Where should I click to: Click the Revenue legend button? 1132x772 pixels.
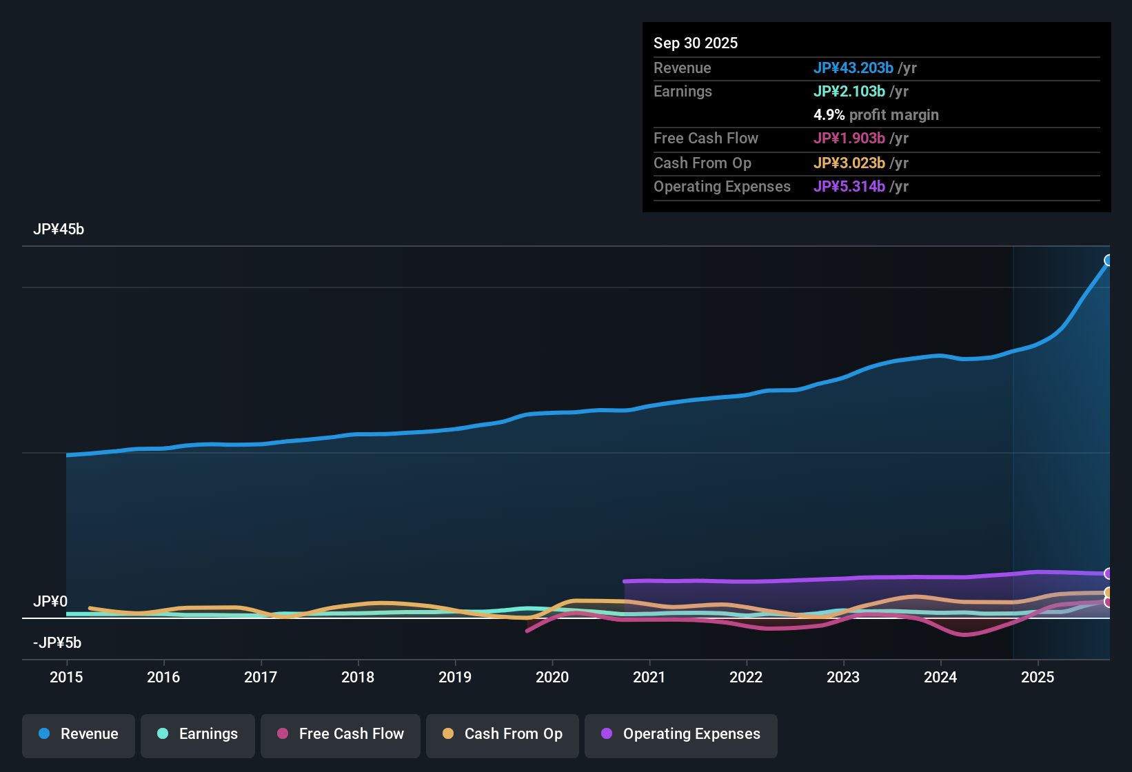coord(79,734)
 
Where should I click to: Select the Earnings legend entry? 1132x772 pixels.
coord(198,734)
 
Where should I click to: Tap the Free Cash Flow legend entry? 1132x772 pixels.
coord(341,734)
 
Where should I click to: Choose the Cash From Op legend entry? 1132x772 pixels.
coord(503,734)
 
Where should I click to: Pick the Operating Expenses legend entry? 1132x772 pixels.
coord(681,734)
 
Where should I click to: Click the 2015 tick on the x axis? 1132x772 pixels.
coord(66,678)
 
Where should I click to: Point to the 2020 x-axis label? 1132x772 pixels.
coord(552,678)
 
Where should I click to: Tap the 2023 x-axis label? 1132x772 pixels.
coord(843,678)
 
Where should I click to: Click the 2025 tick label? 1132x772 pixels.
coord(1038,678)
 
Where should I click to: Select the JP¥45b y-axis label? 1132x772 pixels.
coord(59,230)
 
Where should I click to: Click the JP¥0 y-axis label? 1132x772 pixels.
coord(50,602)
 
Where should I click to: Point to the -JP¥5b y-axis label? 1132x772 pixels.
coord(57,643)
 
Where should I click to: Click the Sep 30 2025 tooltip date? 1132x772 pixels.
coord(696,43)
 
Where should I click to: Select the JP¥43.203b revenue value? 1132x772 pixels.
coord(853,68)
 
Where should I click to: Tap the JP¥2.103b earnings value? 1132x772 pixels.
coord(849,92)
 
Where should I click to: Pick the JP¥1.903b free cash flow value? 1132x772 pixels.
coord(849,139)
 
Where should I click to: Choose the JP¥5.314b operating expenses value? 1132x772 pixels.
coord(849,187)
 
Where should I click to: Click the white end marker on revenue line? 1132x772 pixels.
coord(1109,261)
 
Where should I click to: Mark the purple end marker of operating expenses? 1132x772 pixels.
coord(1109,573)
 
